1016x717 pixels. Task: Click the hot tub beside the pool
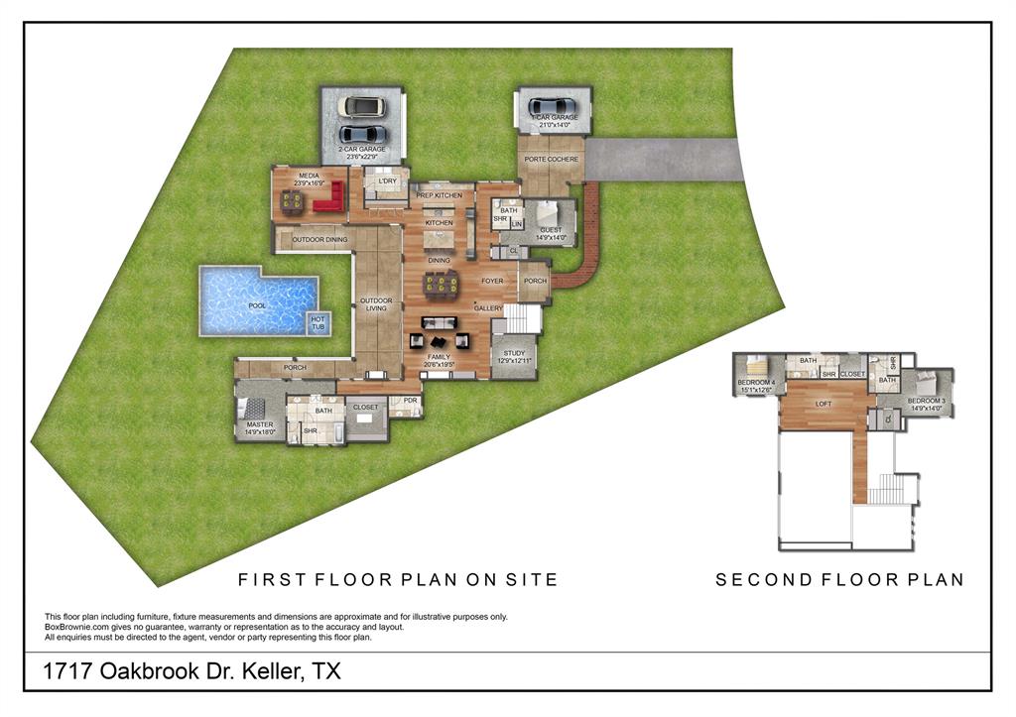coord(318,322)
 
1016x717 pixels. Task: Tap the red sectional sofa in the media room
coord(328,201)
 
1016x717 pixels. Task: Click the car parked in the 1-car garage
coord(552,106)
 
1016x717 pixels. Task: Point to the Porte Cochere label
coord(550,159)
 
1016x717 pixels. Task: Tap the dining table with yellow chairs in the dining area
coord(441,286)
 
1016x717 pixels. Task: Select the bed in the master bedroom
coord(254,409)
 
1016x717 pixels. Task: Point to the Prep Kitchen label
coord(439,195)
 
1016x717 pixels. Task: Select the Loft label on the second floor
coord(823,405)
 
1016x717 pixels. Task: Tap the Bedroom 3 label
coord(927,402)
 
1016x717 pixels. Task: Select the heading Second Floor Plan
coord(839,580)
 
